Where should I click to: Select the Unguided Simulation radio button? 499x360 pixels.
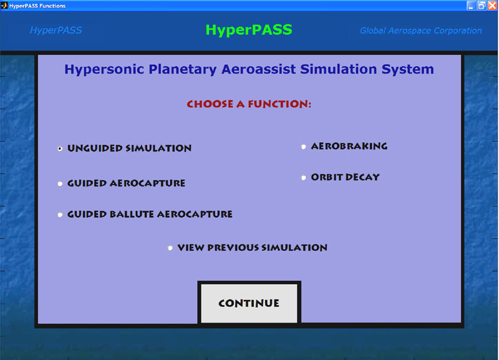pos(60,148)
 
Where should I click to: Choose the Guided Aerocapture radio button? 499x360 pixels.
pos(60,183)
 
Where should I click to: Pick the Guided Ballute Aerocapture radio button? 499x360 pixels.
pos(60,215)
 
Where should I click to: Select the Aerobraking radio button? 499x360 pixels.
pos(303,147)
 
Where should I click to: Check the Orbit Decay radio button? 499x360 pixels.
pos(303,178)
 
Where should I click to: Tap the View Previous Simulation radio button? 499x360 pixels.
pos(170,248)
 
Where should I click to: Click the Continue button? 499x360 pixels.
pos(249,303)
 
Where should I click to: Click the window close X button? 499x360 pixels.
pos(492,6)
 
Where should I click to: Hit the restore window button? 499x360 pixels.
pos(482,6)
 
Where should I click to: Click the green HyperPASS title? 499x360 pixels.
pos(249,30)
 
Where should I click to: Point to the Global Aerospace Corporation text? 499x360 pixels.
pos(420,31)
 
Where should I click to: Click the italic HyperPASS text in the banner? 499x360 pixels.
pos(56,30)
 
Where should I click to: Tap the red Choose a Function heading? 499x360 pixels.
pos(249,104)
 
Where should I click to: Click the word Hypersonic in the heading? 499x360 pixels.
pos(104,69)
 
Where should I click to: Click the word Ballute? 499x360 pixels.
pos(132,214)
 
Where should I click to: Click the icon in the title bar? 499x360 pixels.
pos(4,6)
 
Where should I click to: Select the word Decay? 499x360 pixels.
pos(362,177)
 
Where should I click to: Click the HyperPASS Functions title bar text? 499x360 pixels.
pos(37,6)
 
